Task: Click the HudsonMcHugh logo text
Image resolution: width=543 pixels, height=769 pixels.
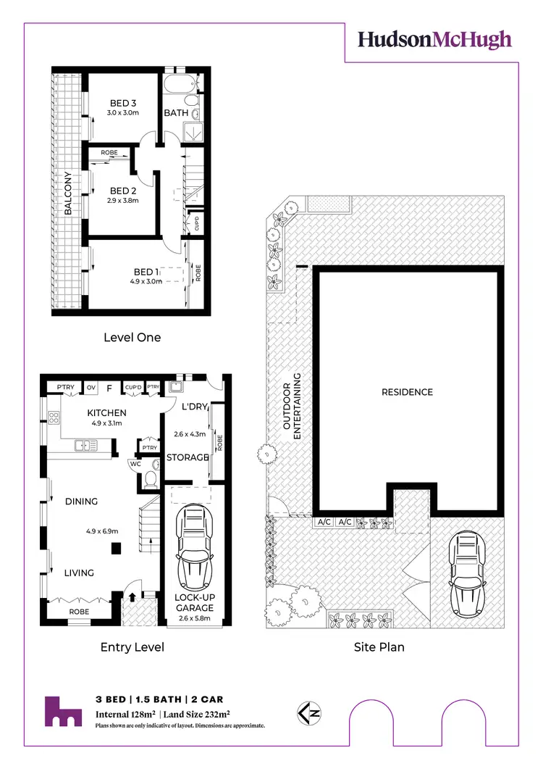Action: point(434,40)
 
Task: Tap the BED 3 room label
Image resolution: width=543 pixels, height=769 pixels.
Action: point(123,102)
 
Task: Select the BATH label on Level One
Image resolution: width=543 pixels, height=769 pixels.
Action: point(176,113)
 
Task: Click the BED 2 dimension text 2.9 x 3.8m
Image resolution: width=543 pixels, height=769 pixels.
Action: point(123,201)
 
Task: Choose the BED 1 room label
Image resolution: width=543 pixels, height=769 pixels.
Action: point(146,272)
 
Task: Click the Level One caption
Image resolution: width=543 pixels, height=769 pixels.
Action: point(132,337)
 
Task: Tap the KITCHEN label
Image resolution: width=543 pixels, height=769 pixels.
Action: point(87,410)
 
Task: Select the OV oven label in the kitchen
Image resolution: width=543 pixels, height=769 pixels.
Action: point(91,388)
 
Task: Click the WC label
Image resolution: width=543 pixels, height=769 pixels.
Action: point(135,463)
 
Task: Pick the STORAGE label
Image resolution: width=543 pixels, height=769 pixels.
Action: point(188,457)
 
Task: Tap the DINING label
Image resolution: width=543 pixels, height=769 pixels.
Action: point(81,502)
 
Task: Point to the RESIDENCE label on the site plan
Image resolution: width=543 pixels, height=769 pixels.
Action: point(407,392)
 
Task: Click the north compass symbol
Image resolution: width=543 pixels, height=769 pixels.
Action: point(306,712)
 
